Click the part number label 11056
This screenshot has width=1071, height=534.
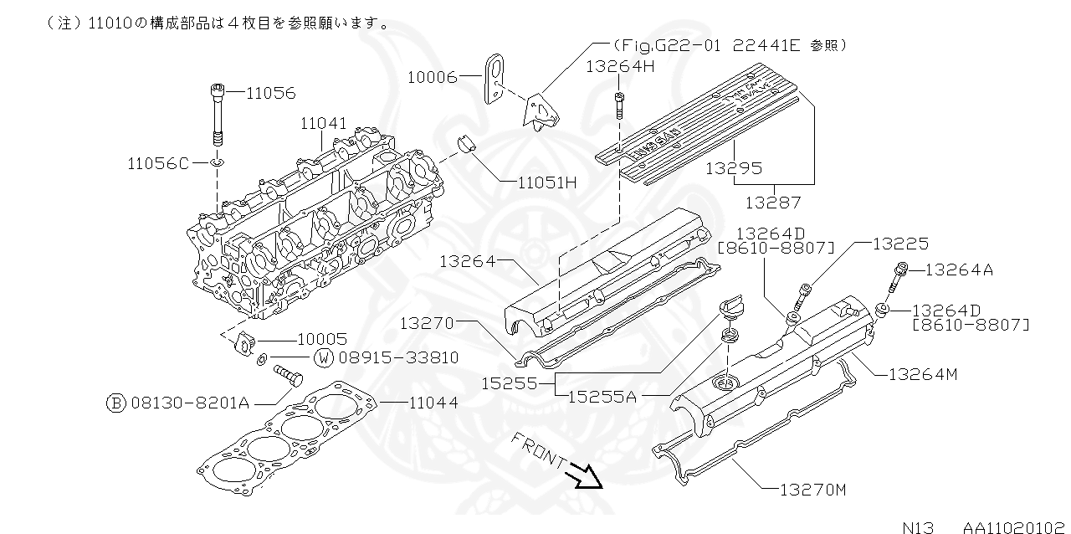tap(270, 94)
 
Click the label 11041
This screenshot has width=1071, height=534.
tap(323, 124)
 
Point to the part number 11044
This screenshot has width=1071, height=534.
tap(433, 403)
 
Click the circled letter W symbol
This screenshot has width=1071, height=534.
tap(323, 358)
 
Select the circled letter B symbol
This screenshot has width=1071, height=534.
tap(116, 403)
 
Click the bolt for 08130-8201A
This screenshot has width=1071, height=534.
tap(287, 376)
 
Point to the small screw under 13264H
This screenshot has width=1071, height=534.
tap(618, 106)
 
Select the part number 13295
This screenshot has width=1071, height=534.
tap(733, 168)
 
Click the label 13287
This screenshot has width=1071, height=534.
tap(772, 202)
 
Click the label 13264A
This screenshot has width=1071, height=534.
tap(959, 270)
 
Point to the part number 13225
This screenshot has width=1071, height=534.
tap(900, 244)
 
